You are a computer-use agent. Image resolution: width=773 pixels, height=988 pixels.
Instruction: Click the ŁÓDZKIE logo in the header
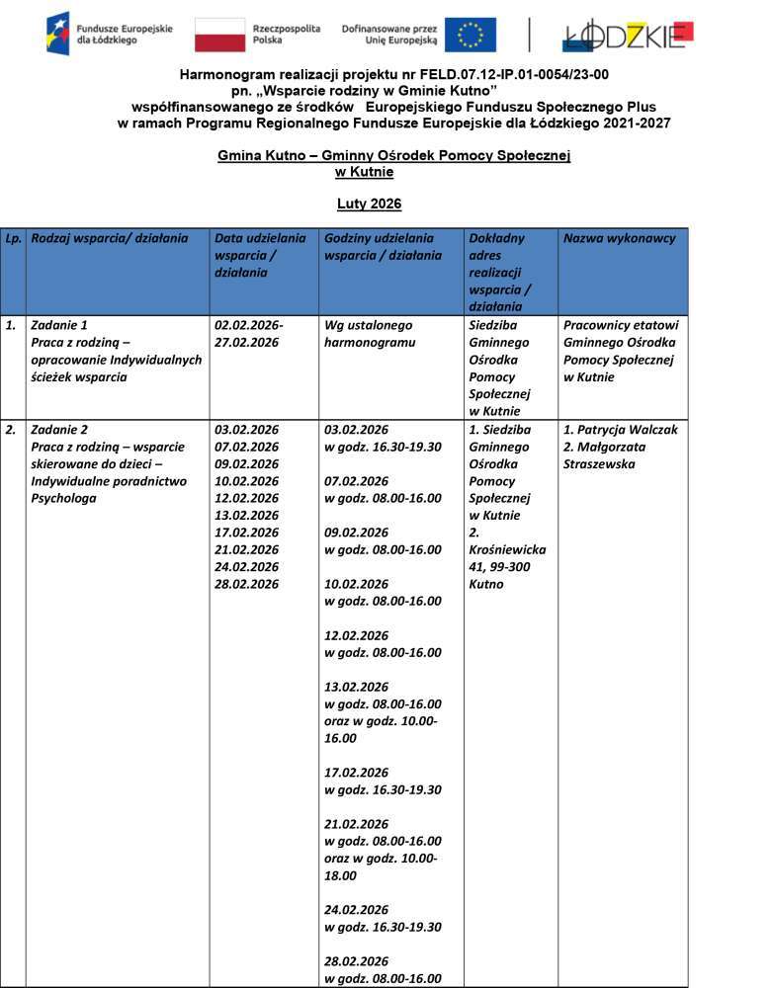click(628, 35)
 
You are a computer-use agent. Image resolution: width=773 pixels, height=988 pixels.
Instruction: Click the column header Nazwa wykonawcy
click(619, 238)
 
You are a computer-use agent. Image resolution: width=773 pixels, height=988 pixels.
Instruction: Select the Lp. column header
click(13, 238)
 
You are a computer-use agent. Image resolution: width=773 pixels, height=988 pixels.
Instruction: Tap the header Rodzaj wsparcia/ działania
click(110, 238)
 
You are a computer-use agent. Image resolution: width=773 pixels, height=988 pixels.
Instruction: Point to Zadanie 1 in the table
click(60, 325)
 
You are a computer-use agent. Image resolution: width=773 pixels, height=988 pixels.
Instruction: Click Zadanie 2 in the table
click(60, 430)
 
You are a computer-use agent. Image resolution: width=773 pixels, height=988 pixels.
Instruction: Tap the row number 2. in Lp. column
click(11, 430)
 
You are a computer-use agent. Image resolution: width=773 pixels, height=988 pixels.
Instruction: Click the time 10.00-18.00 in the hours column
click(381, 867)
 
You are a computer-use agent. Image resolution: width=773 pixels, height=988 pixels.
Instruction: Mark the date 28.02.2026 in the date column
click(247, 584)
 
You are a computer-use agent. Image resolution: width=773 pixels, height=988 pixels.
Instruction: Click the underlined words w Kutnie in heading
click(365, 172)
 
